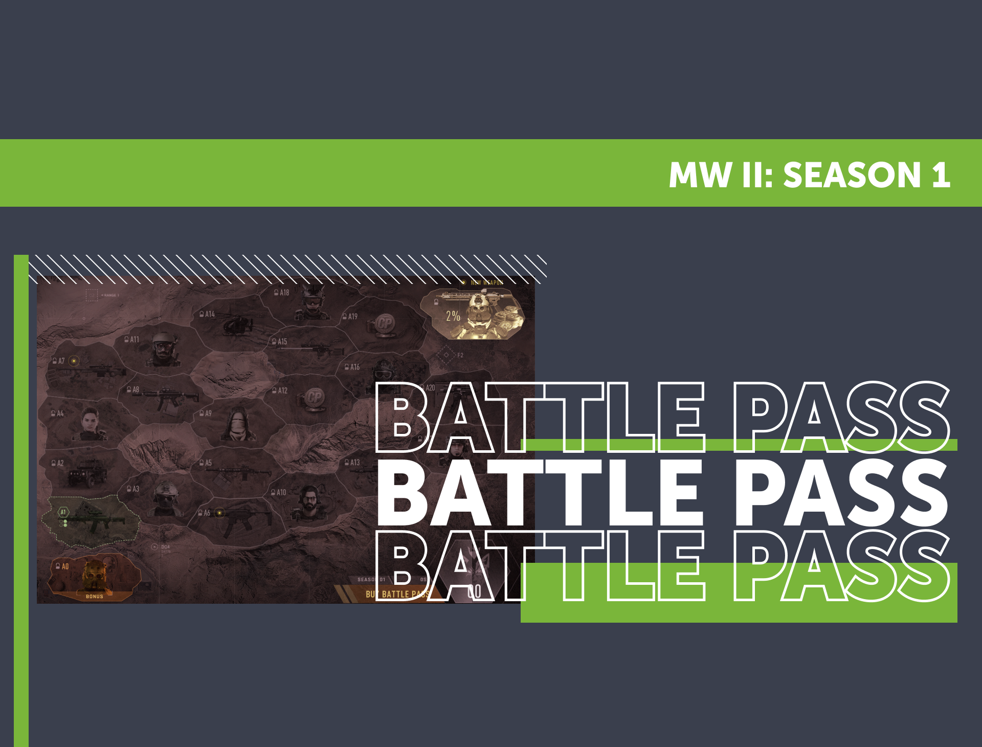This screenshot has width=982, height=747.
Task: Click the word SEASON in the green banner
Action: (x=852, y=175)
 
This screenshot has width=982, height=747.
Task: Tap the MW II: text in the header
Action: (x=721, y=175)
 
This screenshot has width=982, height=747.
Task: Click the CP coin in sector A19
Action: (x=384, y=323)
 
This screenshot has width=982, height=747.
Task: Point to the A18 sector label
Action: (x=282, y=293)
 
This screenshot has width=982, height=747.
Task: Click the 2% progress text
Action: (x=453, y=316)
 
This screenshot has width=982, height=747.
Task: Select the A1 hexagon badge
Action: (x=63, y=512)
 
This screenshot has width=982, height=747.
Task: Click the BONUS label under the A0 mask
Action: (x=95, y=596)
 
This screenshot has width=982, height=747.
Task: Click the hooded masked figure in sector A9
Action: (x=237, y=425)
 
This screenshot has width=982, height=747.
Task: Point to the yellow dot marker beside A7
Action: (x=74, y=361)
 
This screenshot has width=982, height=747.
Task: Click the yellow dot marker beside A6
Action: (x=219, y=513)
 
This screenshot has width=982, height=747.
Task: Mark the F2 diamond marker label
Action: (x=460, y=355)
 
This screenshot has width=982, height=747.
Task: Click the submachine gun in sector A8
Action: (x=166, y=398)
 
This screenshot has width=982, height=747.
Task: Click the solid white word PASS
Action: (x=841, y=493)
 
